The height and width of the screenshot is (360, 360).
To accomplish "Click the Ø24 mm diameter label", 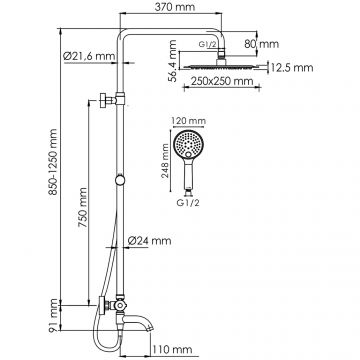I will (151, 240).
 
